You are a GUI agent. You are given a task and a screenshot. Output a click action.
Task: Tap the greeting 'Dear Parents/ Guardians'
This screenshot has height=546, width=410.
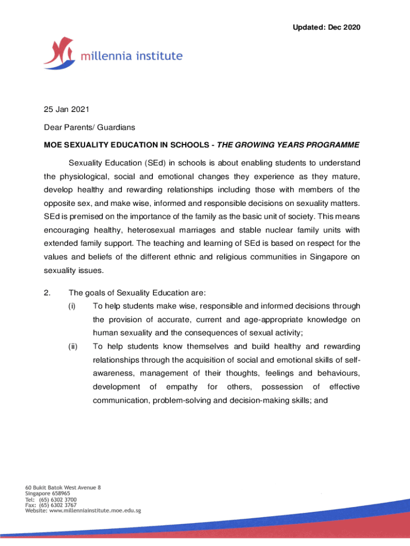click(89, 127)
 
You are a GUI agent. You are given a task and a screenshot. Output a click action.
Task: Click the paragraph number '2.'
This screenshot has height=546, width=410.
click(47, 292)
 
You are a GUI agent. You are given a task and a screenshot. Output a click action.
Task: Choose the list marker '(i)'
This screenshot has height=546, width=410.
click(72, 306)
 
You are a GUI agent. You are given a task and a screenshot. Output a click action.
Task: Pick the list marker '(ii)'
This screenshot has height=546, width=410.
click(73, 347)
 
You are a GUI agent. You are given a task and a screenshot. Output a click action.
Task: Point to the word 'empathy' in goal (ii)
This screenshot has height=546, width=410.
click(182, 386)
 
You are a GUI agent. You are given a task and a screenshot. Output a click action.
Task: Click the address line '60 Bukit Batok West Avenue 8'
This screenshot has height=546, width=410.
click(63, 487)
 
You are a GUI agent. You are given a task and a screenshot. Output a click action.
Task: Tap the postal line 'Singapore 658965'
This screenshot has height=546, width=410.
click(47, 493)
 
